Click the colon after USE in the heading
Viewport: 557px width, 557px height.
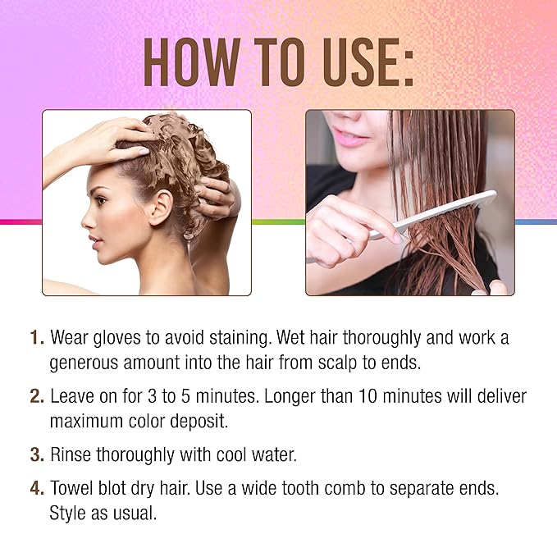click(x=409, y=67)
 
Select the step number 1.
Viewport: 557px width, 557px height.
click(x=37, y=337)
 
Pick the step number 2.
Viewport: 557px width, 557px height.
click(x=37, y=396)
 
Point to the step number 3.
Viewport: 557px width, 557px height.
click(x=37, y=454)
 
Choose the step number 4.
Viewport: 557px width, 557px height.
click(x=37, y=488)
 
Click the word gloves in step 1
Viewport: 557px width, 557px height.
click(x=116, y=338)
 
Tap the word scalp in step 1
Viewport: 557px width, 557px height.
click(x=337, y=363)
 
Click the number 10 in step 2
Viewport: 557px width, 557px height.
click(x=368, y=396)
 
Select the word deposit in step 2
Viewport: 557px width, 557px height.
click(x=199, y=422)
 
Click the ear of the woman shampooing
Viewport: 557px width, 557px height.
click(x=161, y=208)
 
